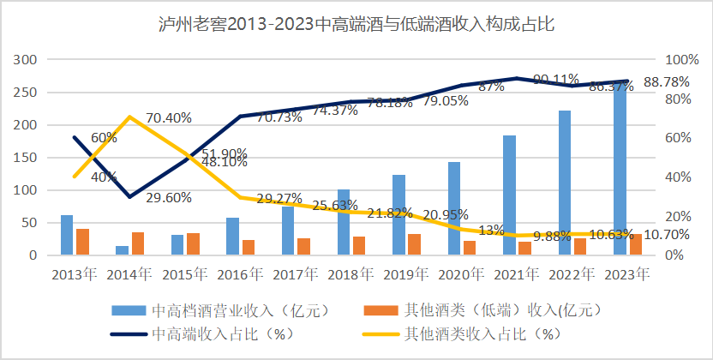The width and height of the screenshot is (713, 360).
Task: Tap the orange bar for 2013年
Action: coord(82,242)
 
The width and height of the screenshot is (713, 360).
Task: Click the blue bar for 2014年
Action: coord(123,250)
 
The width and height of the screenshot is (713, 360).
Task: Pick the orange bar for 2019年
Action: coord(414,244)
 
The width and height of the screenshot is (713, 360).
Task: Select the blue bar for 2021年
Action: coord(509,195)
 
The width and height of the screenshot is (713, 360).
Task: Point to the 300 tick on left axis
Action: coord(27,59)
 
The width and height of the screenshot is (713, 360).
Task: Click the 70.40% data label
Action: coord(168,117)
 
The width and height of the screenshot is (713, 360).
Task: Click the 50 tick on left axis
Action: coord(31,222)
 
